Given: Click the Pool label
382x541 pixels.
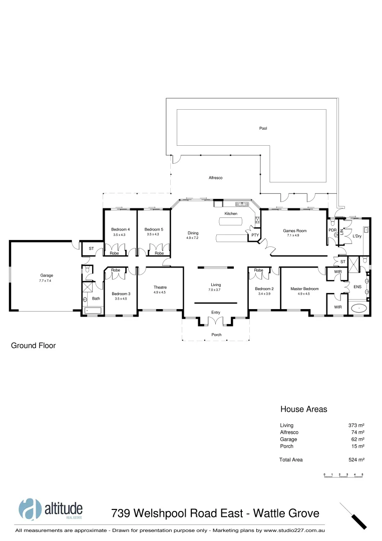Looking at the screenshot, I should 263,128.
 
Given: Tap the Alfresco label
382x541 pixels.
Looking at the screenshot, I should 215,178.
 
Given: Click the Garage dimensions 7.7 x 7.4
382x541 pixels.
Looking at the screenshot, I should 47,281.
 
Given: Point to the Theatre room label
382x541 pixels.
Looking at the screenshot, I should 160,287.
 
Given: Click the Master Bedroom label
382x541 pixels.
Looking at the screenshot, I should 304,289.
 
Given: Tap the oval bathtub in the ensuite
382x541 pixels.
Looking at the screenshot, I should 358,308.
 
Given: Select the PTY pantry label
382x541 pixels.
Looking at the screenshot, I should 255,235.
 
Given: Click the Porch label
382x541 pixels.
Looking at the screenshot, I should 216,335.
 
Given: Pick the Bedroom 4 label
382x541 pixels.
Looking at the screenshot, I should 121,229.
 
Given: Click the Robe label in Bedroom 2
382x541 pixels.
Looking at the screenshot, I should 258,270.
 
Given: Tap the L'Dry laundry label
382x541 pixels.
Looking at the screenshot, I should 357,235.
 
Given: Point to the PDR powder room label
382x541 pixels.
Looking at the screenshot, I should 332,230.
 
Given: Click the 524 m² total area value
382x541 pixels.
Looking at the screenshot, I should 356,459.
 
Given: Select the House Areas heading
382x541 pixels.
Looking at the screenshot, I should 303,409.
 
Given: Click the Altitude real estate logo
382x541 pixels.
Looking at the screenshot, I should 51,508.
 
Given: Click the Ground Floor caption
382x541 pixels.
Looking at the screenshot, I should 33,346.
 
